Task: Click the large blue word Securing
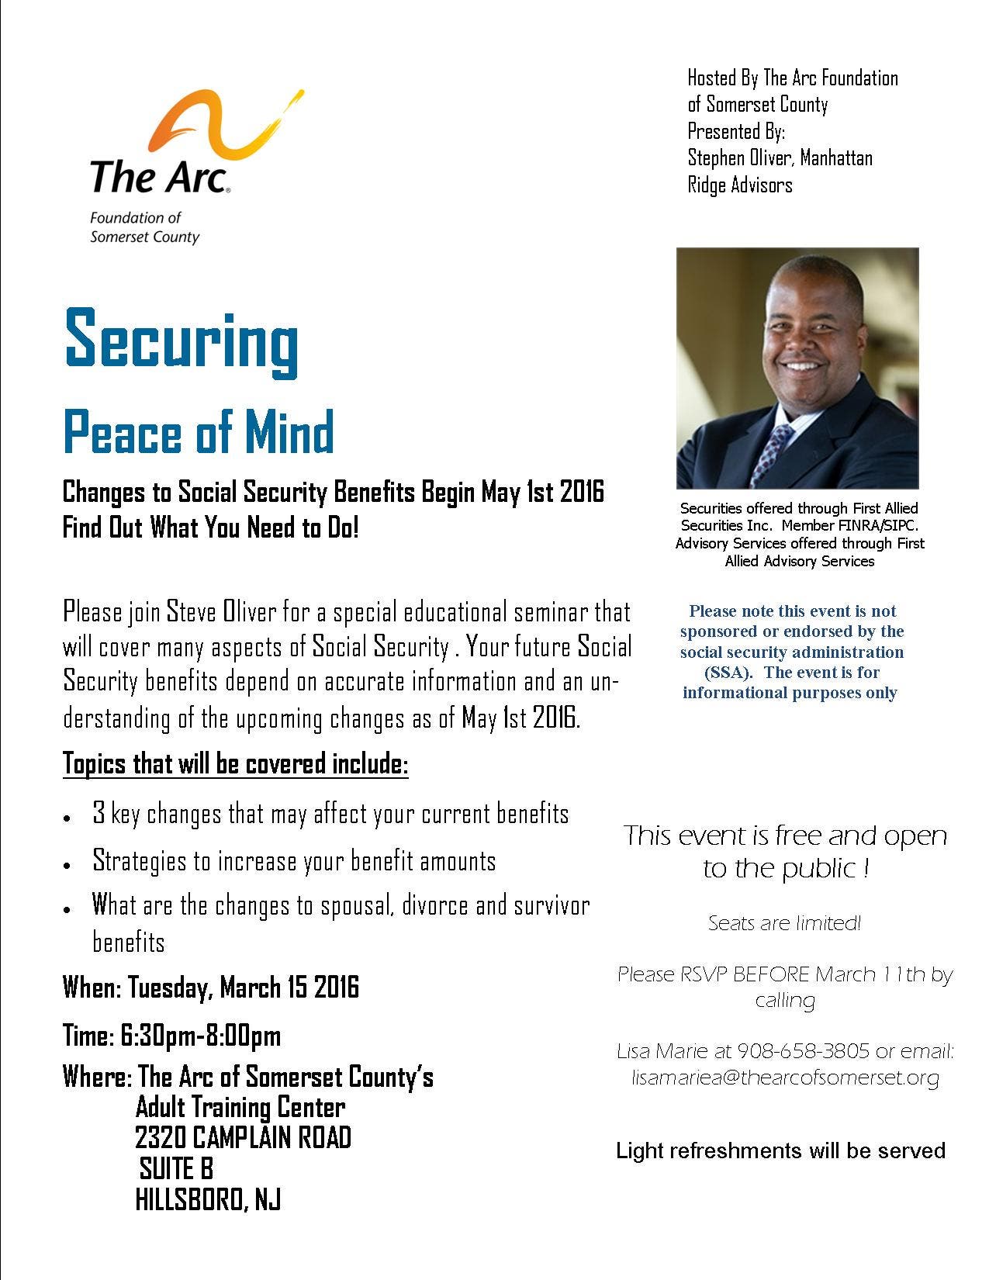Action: [182, 340]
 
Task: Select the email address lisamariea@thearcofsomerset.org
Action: [785, 1078]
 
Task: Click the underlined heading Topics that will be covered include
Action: [235, 764]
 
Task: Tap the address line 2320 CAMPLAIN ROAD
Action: [243, 1138]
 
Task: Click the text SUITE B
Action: [176, 1168]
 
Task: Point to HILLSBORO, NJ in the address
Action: [207, 1199]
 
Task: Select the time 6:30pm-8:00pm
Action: [200, 1036]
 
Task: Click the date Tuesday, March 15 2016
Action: [243, 988]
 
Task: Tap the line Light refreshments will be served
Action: [780, 1150]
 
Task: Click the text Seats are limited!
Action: [784, 923]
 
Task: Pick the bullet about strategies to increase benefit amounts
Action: [293, 861]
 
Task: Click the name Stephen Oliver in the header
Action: [740, 158]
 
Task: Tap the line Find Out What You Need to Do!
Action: [211, 528]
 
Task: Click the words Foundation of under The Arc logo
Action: [136, 219]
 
